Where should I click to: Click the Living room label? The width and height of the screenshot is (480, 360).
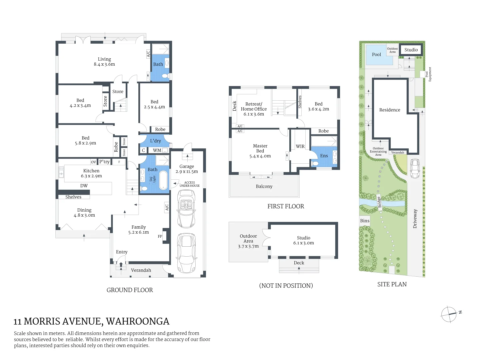point(104,59)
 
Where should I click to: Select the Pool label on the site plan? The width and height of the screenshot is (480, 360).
point(376,55)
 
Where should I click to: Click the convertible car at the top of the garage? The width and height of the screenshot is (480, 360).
point(186,208)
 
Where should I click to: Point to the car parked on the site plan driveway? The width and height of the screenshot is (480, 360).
point(415,169)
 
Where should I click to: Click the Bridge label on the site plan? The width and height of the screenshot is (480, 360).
point(379,202)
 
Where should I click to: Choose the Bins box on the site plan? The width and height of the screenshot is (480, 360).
point(365,221)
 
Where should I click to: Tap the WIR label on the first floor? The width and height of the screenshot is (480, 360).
point(300,146)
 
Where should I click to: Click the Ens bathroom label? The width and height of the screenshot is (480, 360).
point(324,156)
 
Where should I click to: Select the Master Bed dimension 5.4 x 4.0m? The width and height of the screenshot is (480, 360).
point(260,156)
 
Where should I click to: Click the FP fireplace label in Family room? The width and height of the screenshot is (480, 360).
point(160,236)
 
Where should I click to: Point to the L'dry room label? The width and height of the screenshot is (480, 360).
point(155,141)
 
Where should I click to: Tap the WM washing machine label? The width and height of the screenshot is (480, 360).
point(157,150)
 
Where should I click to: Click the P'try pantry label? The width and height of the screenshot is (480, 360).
point(104,162)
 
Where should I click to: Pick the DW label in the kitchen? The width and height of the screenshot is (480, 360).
point(84,186)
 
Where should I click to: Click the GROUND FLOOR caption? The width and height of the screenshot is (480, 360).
point(130,290)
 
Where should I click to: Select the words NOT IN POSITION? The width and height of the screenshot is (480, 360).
point(286,286)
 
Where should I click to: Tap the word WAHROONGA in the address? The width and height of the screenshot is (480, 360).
point(138,321)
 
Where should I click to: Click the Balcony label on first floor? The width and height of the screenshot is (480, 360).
point(264,186)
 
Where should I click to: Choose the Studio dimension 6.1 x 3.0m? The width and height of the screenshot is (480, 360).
point(303,243)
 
